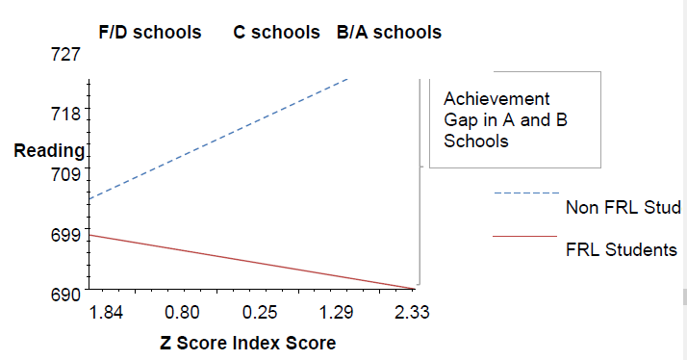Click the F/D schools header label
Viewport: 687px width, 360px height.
click(x=150, y=32)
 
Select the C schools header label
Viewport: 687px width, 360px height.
click(x=276, y=32)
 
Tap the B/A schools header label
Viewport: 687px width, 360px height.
click(x=389, y=32)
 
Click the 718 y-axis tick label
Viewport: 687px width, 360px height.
click(x=65, y=114)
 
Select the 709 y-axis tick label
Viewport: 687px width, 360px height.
click(x=65, y=174)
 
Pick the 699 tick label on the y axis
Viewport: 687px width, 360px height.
click(x=65, y=235)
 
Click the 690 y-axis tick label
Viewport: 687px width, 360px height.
click(x=65, y=295)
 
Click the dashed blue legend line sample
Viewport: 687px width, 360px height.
click(x=526, y=193)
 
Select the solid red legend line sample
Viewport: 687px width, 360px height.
click(x=524, y=236)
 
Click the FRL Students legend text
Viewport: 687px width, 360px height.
click(x=621, y=249)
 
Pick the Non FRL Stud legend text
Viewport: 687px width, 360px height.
click(x=623, y=207)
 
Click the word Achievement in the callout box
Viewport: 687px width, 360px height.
click(x=496, y=98)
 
